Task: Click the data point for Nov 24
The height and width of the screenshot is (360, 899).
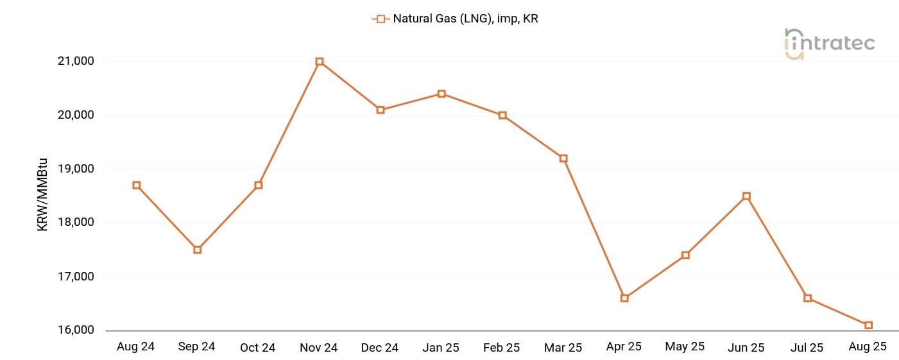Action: tap(320, 62)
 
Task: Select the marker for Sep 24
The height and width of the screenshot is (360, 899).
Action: tap(198, 250)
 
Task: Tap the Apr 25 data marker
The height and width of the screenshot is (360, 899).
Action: tap(624, 298)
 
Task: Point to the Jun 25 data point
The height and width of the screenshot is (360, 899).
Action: tap(746, 196)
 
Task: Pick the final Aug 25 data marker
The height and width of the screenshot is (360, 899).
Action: tap(868, 325)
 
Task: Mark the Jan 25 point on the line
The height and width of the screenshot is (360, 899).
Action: tap(441, 94)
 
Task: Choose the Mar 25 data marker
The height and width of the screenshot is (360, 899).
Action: tap(563, 158)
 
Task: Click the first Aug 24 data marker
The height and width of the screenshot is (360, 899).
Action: tap(136, 185)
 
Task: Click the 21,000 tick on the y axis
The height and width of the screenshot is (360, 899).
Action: tap(76, 62)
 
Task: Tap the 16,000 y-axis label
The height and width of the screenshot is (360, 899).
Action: tap(76, 330)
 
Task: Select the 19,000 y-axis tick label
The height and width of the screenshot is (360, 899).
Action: tap(76, 169)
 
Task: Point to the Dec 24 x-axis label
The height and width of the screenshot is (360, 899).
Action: tap(380, 348)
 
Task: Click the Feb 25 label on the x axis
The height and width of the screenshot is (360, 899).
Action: tap(502, 348)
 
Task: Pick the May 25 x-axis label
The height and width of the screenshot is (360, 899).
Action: tap(685, 347)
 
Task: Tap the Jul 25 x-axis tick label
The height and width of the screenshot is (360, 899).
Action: tap(807, 348)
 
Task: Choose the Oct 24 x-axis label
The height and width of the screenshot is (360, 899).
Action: tap(258, 348)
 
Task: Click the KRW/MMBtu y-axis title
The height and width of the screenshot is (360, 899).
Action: tap(43, 196)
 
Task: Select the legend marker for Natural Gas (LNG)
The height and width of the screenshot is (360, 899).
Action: tap(381, 19)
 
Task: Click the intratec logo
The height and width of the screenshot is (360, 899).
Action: tap(829, 44)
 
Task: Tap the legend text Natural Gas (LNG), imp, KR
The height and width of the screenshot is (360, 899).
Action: tap(465, 19)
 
